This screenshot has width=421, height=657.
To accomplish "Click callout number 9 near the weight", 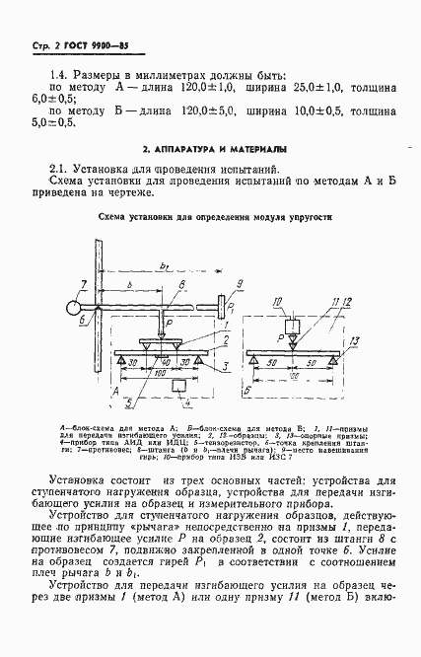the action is coord(239,283).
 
